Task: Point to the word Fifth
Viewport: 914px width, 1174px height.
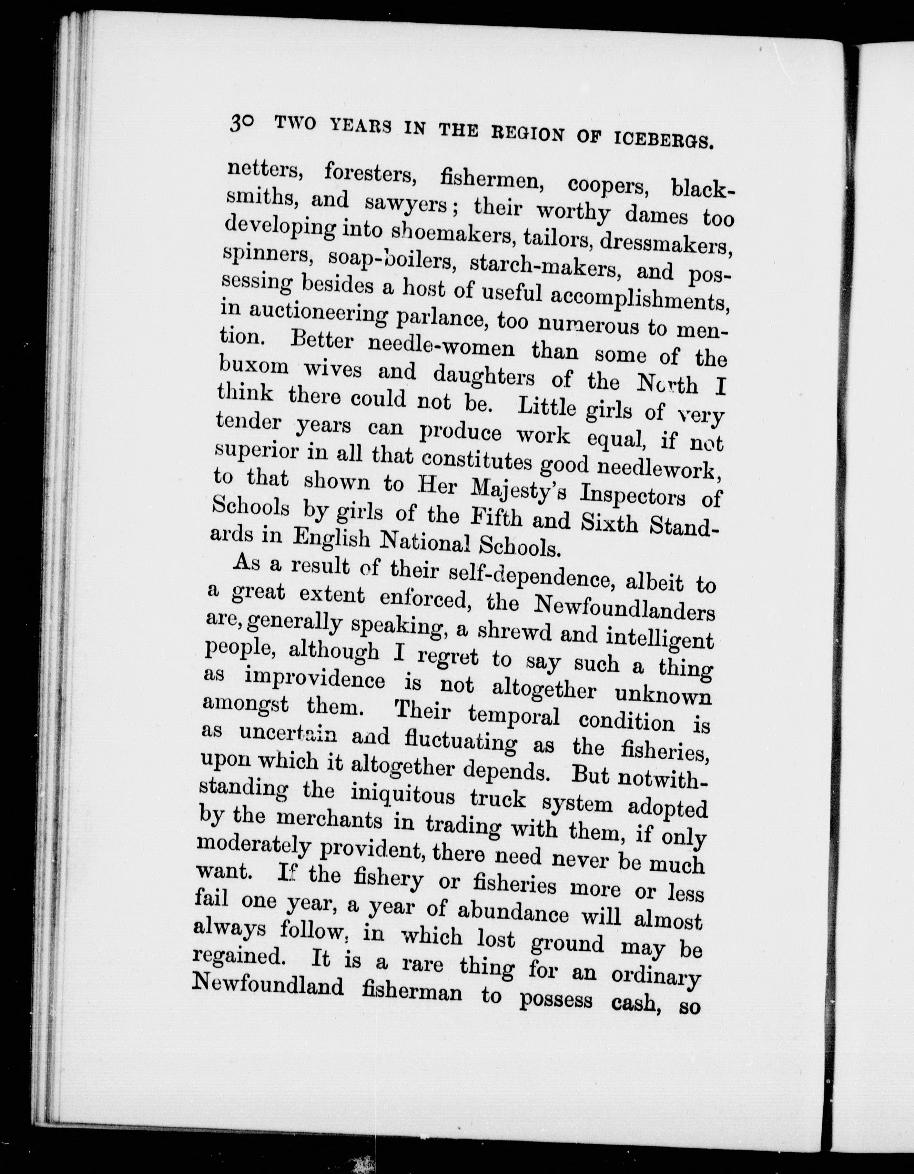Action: point(496,519)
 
